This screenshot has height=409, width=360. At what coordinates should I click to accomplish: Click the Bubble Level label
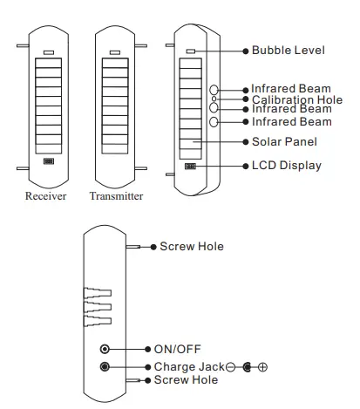[289, 51]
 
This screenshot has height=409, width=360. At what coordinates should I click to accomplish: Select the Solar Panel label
[284, 141]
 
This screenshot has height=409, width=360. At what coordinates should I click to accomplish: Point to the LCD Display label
[286, 165]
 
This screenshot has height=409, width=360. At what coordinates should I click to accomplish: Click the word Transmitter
[115, 196]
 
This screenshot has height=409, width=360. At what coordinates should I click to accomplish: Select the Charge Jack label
[186, 367]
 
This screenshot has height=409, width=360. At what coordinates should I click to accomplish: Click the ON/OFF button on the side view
[106, 348]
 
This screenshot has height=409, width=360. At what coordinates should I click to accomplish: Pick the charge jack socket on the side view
[106, 367]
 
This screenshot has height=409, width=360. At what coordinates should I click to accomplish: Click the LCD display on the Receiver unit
[48, 162]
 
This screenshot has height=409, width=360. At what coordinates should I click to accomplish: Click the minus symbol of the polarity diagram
[230, 367]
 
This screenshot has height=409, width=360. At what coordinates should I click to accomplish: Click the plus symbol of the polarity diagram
[262, 367]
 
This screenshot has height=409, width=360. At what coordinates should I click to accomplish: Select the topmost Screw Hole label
[192, 247]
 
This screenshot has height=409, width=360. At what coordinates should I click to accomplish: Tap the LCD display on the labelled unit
[190, 165]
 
